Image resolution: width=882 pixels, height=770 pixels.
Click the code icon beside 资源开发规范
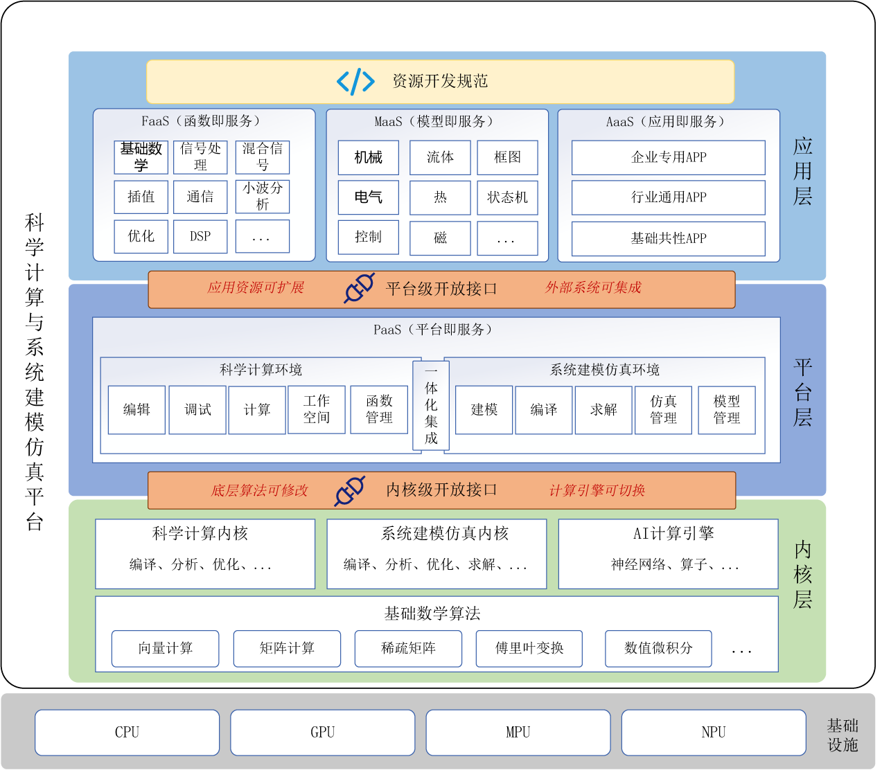click(355, 81)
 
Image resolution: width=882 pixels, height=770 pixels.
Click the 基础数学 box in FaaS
click(141, 157)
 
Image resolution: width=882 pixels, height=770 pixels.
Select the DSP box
click(200, 236)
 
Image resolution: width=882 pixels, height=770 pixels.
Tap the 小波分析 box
click(263, 197)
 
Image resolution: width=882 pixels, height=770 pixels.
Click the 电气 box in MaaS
click(369, 197)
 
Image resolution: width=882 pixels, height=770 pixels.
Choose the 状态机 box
click(507, 197)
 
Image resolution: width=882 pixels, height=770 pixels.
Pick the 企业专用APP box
click(669, 158)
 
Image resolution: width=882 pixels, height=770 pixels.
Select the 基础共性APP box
click(669, 239)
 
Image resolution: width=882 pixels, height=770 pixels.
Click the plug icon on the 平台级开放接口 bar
click(359, 288)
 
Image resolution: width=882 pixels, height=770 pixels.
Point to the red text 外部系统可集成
click(593, 288)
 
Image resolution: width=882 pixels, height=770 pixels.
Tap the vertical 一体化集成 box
click(431, 406)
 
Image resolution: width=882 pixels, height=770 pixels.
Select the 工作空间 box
click(317, 410)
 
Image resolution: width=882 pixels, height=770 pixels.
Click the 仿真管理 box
click(663, 410)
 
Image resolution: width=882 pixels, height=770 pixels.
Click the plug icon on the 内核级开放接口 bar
click(350, 491)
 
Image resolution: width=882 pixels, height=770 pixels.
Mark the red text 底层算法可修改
click(259, 491)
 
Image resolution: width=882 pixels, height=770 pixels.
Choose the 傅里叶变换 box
click(529, 649)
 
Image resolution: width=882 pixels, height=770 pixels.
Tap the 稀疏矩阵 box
click(408, 649)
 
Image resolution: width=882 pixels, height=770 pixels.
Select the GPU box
click(323, 733)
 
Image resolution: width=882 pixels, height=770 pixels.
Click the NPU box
click(714, 733)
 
